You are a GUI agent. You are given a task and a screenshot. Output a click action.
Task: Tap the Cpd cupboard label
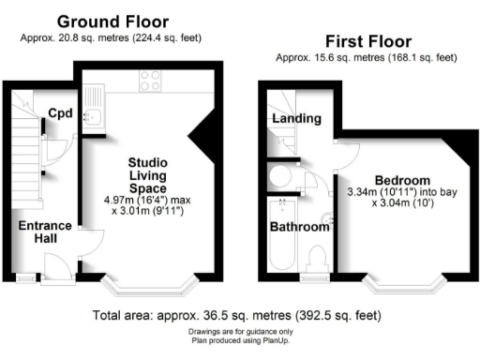61,114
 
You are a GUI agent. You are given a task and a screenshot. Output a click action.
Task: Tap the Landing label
296,119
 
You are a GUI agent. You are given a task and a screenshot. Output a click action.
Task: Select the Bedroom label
402,180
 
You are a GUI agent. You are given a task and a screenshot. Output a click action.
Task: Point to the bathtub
280,239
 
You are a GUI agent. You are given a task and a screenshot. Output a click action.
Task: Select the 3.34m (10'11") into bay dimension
402,193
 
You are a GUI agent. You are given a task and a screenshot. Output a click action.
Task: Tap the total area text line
238,315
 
